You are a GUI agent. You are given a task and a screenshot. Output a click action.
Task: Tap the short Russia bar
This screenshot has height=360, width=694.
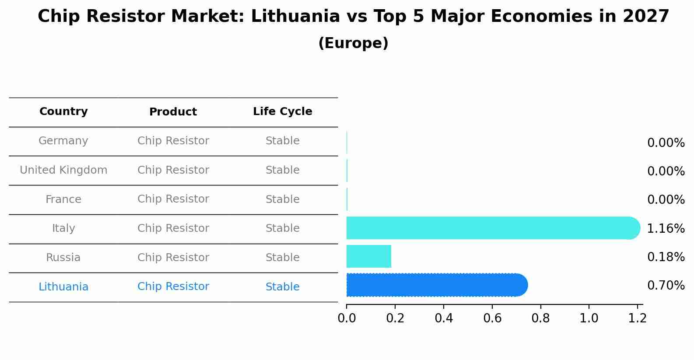point(368,256)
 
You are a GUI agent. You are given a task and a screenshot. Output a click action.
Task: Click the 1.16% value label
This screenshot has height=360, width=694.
point(666,228)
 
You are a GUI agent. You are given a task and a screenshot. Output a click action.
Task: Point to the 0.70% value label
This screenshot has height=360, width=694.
point(666,286)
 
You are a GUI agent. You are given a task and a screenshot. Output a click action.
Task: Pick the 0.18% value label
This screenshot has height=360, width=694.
point(666,257)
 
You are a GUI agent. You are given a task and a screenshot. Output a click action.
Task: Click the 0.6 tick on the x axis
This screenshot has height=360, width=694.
point(492,318)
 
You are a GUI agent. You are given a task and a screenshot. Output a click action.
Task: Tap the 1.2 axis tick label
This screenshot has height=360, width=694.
point(637,318)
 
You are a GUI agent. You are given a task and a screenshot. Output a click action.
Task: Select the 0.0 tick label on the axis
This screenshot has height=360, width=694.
point(347,318)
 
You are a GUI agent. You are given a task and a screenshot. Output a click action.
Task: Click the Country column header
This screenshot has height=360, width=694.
point(63,112)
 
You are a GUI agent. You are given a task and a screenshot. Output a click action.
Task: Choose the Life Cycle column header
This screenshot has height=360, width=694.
point(282,112)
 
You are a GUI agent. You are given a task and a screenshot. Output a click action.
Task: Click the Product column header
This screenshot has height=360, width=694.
point(173,112)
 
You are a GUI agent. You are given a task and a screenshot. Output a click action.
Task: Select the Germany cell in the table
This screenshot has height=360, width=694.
point(63,141)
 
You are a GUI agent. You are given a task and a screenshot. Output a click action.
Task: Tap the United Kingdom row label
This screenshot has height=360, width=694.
point(63,170)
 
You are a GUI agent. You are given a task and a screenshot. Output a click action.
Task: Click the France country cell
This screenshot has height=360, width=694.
point(63,199)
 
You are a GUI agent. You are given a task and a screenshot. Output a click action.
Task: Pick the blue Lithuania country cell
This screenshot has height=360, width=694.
point(63,287)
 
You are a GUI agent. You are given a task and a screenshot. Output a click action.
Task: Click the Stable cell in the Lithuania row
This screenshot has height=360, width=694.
point(282,287)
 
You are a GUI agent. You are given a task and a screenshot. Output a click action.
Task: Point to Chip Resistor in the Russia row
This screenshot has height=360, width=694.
point(173,258)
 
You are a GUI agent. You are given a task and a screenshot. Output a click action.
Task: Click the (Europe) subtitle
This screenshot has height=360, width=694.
point(353,43)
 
